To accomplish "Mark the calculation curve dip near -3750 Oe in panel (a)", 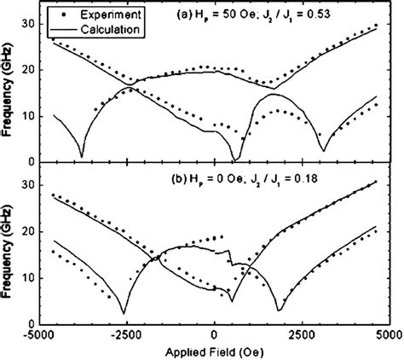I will click(81, 156).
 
